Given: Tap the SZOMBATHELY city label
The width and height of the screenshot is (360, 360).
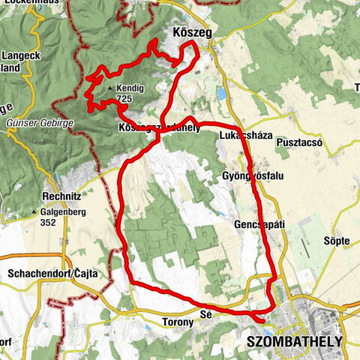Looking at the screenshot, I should pos(294,341).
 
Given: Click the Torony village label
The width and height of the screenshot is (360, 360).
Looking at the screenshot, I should pos(178,322).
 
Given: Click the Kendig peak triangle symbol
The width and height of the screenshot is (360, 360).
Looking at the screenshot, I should pos(111,89).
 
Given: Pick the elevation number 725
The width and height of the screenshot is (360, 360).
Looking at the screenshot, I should pos(125,99).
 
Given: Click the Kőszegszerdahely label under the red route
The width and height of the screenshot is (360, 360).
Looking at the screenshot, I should pos(160,128).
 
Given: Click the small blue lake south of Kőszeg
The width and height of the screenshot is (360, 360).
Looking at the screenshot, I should pos(223,95).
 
